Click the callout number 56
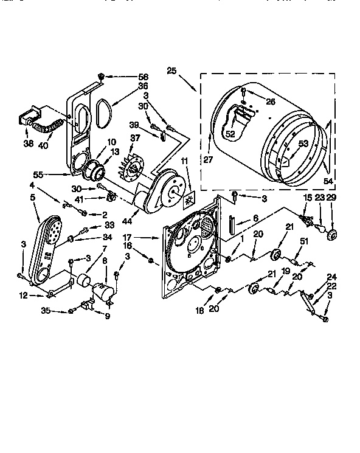tap(144, 77)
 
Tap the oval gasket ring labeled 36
tap(101, 112)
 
